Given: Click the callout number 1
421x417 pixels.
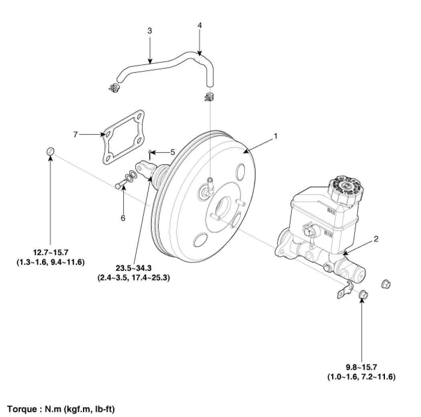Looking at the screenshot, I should pyautogui.click(x=275, y=136).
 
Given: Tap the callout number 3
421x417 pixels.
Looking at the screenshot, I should pyautogui.click(x=150, y=31).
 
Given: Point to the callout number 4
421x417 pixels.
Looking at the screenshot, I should pyautogui.click(x=200, y=25).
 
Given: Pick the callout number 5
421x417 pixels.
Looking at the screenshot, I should pyautogui.click(x=173, y=152).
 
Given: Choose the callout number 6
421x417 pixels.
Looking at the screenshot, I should pyautogui.click(x=123, y=218).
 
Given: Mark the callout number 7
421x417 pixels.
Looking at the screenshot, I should pyautogui.click(x=75, y=134).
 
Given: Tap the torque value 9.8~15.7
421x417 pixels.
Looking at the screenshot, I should pyautogui.click(x=362, y=367).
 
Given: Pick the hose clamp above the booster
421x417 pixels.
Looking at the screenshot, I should pyautogui.click(x=208, y=97).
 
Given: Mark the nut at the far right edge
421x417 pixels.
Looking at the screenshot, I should pyautogui.click(x=385, y=284).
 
